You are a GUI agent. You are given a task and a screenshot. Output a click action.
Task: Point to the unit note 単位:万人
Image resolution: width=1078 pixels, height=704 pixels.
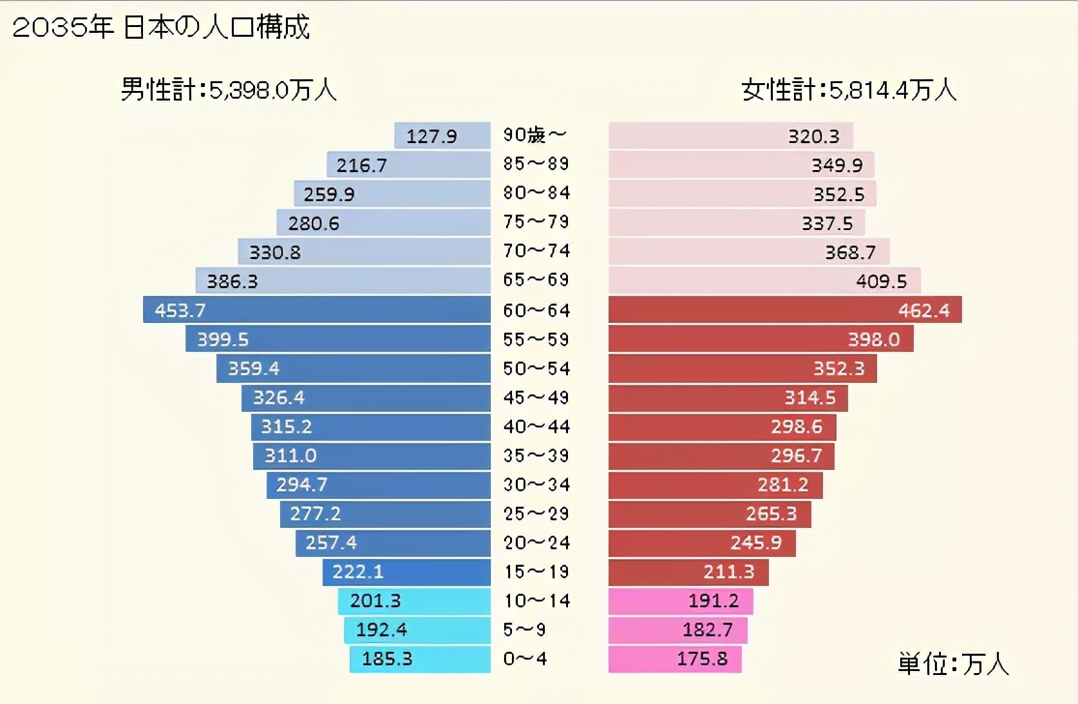pos(952,664)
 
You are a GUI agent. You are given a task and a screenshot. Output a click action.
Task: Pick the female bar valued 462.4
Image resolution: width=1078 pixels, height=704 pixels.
pos(785,310)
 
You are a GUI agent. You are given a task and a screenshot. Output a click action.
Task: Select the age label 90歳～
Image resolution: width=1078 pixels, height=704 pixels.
pos(535,134)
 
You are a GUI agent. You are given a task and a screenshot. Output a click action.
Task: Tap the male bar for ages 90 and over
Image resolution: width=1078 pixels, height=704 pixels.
pos(441,136)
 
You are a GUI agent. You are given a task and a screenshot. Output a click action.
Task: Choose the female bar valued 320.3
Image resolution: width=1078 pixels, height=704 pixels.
pos(730,136)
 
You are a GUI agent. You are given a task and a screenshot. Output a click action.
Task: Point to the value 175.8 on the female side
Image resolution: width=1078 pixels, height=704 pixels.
pos(710,660)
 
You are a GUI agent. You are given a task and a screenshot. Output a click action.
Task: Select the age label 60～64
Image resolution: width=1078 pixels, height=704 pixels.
pos(537,310)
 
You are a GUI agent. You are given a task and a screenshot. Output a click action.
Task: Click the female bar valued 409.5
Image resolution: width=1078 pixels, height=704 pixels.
pos(764,281)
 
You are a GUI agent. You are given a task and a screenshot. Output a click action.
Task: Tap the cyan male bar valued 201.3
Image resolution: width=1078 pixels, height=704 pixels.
pos(413,601)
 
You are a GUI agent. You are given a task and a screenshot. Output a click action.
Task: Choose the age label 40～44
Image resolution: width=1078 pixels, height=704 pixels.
pos(537,426)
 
